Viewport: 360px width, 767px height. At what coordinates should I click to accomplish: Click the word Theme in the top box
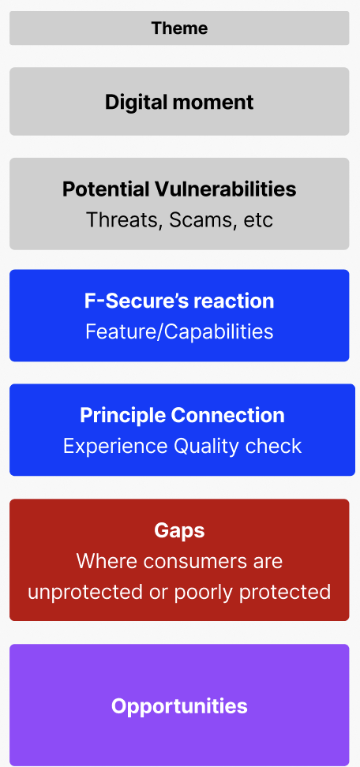(179, 28)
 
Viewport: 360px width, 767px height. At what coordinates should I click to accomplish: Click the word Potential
(106, 189)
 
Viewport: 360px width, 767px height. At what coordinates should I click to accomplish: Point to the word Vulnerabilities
(226, 189)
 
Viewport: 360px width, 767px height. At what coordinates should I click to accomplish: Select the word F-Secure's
(137, 301)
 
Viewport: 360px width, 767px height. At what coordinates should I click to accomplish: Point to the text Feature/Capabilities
(179, 331)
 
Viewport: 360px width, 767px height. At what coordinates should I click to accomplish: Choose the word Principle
(123, 415)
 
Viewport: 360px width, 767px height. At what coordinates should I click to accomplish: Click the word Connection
(227, 415)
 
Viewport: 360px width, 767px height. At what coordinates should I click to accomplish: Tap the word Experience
(115, 446)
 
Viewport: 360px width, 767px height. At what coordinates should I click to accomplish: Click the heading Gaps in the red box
(179, 531)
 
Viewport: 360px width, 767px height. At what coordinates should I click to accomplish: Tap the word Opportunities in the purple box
(179, 706)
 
